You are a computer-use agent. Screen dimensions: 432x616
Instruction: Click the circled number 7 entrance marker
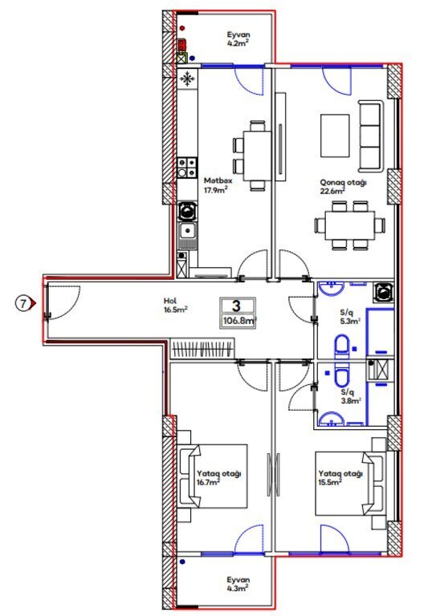(23, 303)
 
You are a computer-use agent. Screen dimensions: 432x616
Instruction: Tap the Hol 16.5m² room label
(175, 306)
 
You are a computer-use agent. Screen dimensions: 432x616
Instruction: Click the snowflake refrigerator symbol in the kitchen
(187, 79)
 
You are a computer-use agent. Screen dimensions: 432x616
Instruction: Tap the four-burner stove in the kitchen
(187, 168)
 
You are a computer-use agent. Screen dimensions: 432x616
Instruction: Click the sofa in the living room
(371, 136)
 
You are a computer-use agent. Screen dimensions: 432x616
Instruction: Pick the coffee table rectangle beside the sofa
(335, 136)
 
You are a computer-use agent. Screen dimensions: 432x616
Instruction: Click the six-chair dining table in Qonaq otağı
(350, 225)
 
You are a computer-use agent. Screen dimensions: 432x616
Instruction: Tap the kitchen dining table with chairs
(253, 156)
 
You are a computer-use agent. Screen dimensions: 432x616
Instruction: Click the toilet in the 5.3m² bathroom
(342, 346)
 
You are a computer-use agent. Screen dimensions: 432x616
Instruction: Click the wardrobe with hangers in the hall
(203, 348)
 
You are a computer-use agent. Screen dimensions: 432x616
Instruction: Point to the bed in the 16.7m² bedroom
(214, 476)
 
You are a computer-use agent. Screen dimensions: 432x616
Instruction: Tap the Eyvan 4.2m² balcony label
(238, 38)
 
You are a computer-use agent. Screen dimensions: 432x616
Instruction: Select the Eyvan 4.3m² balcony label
(238, 584)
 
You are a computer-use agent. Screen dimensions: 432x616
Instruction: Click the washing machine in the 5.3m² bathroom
(383, 292)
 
